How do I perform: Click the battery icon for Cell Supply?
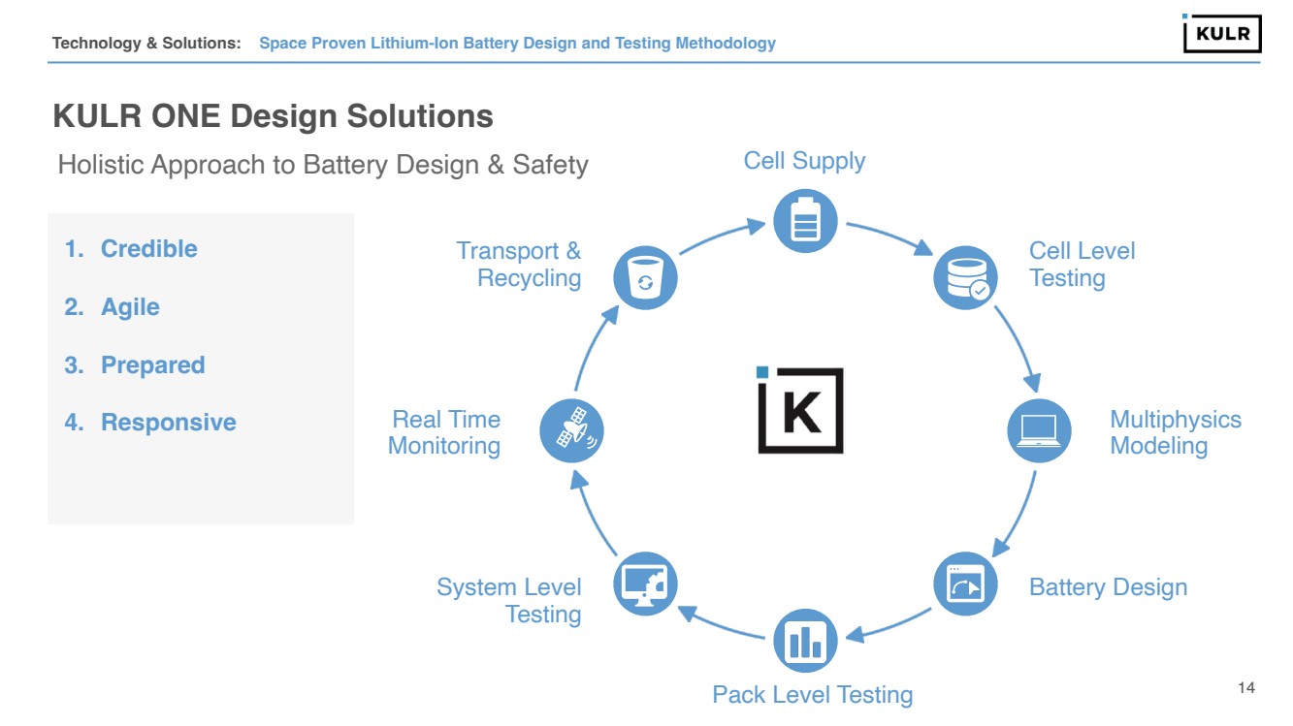(x=805, y=220)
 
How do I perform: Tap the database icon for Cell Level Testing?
(x=965, y=277)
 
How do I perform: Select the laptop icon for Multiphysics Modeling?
(x=1039, y=430)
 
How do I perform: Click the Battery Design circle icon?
(x=965, y=584)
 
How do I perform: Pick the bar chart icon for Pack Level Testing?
(x=805, y=641)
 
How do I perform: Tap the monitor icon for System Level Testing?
(x=646, y=584)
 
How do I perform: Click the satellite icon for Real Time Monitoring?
(x=571, y=430)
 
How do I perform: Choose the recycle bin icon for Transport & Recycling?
(x=645, y=278)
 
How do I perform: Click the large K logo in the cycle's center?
(x=800, y=410)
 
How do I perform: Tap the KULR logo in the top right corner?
(x=1221, y=34)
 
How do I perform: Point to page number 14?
(x=1246, y=688)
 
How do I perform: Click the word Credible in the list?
(x=149, y=249)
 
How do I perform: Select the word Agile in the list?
(x=130, y=307)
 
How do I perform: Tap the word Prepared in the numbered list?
(x=153, y=365)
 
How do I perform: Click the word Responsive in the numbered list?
(x=169, y=423)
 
